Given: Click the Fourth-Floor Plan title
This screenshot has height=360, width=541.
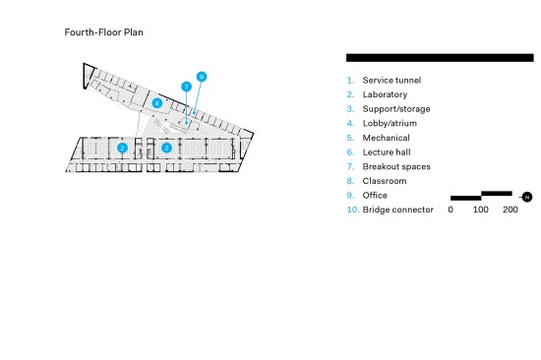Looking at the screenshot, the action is [104, 32].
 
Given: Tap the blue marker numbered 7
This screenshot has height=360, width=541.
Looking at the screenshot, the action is [186, 87].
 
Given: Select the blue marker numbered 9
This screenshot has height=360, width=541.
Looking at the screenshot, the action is [202, 77].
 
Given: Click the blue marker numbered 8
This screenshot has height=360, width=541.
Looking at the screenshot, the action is [157, 103].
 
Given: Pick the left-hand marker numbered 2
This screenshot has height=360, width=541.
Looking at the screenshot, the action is [123, 149].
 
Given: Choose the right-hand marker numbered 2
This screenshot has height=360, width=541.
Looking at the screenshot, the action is [166, 149].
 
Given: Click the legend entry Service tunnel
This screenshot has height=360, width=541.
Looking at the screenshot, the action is [391, 81].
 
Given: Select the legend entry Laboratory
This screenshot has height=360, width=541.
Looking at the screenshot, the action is [385, 95].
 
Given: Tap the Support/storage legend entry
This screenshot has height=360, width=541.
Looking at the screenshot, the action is [396, 109].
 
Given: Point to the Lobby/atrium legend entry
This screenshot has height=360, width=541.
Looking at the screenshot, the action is [390, 124].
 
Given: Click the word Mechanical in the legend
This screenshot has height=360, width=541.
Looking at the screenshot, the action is [387, 138].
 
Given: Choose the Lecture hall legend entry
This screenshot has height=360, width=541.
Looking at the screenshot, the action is [387, 152].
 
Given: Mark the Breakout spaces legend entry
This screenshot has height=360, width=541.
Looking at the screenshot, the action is [396, 166].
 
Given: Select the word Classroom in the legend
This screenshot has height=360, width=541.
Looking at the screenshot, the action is [385, 181].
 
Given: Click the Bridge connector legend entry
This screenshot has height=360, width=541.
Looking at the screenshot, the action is [398, 210].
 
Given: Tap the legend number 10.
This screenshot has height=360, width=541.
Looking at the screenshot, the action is [353, 210].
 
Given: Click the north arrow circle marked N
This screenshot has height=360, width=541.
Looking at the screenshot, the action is [527, 197].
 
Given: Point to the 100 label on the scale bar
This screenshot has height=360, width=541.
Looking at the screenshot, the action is [481, 210].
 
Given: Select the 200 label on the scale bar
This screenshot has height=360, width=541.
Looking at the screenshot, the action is [511, 210].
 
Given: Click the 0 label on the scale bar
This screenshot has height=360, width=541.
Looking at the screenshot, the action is [451, 210].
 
